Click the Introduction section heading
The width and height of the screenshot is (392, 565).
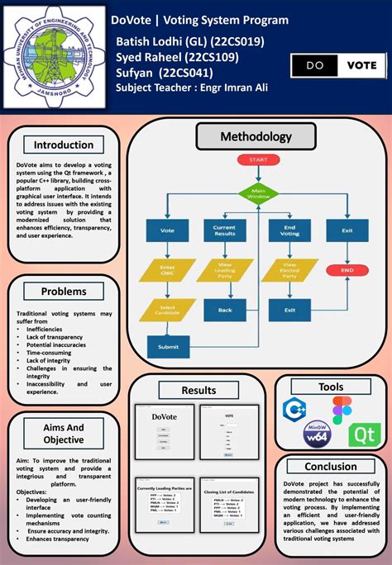(64, 145)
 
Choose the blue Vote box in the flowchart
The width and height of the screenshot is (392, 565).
(167, 232)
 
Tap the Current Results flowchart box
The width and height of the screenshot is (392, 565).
(224, 232)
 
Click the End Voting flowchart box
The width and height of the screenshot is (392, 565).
(289, 232)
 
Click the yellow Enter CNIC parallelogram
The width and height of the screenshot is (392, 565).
(167, 272)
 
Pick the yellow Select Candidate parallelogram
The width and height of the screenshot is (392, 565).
(167, 310)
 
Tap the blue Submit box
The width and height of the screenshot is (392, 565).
(167, 347)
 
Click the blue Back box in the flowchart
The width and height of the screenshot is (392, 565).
(224, 310)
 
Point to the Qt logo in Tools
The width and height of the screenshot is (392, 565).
(361, 435)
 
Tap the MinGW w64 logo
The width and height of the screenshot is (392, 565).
(317, 435)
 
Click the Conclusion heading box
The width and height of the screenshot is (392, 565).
(331, 467)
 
